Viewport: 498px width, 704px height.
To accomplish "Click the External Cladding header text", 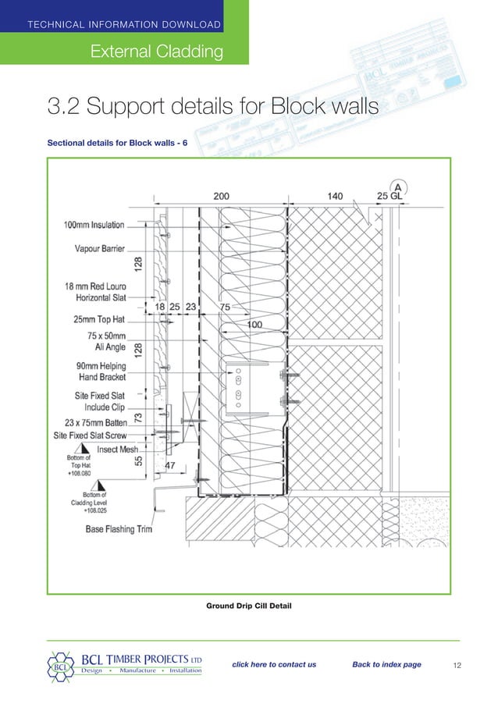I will [x=157, y=52].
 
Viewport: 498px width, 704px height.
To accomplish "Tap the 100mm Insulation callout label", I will [x=94, y=226].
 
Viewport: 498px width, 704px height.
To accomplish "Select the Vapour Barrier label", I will [x=99, y=250].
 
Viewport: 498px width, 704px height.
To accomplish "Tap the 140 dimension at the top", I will [x=335, y=197].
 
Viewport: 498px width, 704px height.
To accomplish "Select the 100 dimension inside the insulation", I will [x=254, y=323].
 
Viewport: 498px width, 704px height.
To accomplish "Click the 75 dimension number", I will [x=225, y=308].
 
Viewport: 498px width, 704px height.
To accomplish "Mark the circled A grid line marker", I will [x=398, y=187].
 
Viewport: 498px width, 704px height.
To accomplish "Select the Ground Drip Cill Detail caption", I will [x=248, y=606].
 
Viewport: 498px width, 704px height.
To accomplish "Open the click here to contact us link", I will [x=274, y=665].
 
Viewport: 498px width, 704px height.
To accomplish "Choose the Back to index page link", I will [x=386, y=665].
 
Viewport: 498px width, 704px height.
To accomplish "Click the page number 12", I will [x=458, y=666].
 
